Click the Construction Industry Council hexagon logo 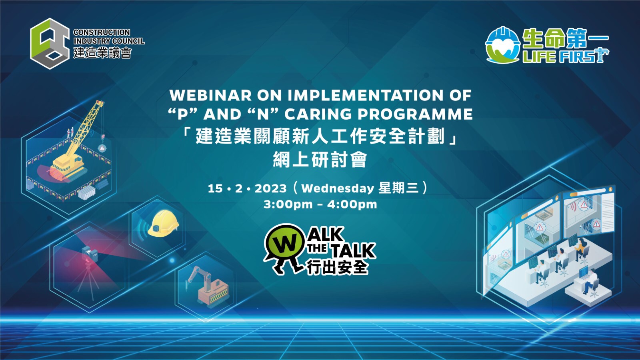pyautogui.click(x=50, y=44)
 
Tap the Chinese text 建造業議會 pyautogui.click(x=102, y=52)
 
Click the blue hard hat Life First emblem pyautogui.click(x=502, y=45)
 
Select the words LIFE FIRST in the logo pyautogui.click(x=566, y=56)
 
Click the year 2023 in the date pyautogui.click(x=270, y=188)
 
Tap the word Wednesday pyautogui.click(x=338, y=188)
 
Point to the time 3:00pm pyautogui.click(x=288, y=204)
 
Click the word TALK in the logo pyautogui.click(x=353, y=250)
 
